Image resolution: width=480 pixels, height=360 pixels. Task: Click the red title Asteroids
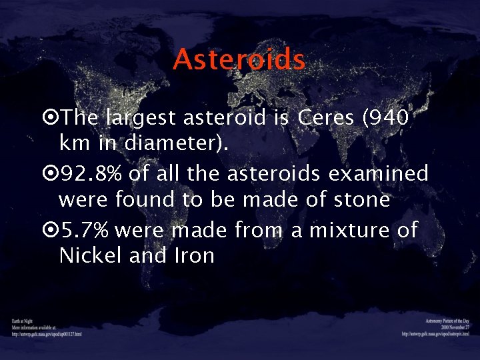[239, 60]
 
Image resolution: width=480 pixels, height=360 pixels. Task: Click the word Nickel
[91, 255]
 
